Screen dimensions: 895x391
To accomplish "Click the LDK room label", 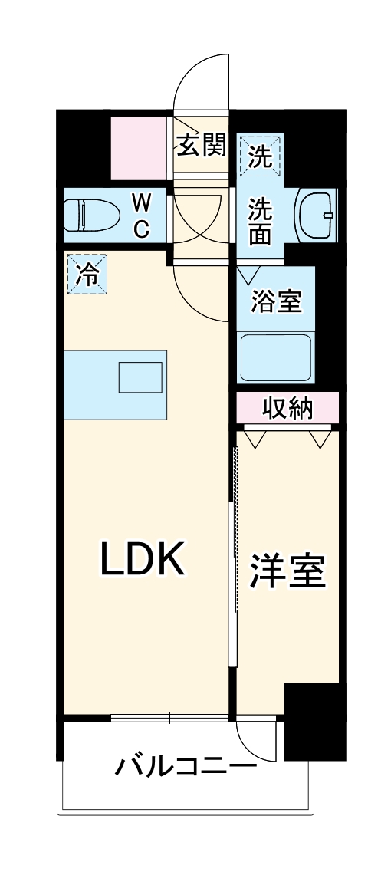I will (143, 561).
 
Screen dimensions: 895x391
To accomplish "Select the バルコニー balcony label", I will (186, 766).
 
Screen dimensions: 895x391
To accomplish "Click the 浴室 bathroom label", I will (277, 301).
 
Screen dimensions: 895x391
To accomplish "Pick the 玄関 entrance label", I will (201, 146).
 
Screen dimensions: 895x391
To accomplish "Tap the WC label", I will (141, 216).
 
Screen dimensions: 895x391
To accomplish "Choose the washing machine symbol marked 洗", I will (260, 157).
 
